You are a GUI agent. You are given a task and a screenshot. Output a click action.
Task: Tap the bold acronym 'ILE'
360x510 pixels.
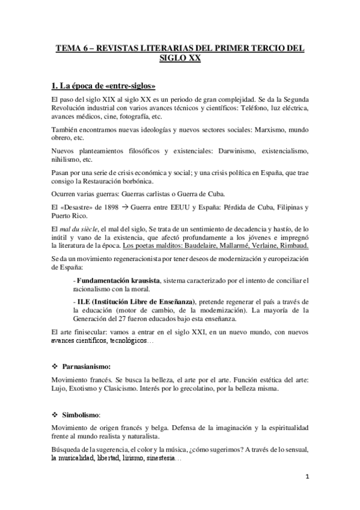coord(82,301)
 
